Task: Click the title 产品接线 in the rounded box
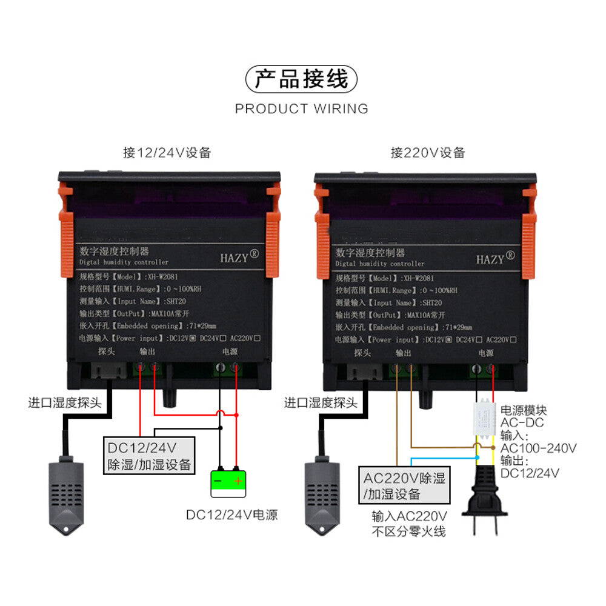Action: click(x=301, y=80)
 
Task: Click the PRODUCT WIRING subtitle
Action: click(x=301, y=109)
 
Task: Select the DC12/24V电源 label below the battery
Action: click(x=231, y=515)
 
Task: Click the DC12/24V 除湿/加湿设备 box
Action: click(x=149, y=456)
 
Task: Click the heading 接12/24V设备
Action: click(x=167, y=153)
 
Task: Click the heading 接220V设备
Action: click(x=427, y=153)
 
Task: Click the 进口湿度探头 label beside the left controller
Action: click(x=65, y=402)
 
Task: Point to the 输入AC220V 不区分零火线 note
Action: click(x=409, y=524)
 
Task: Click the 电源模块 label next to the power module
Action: click(x=524, y=411)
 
